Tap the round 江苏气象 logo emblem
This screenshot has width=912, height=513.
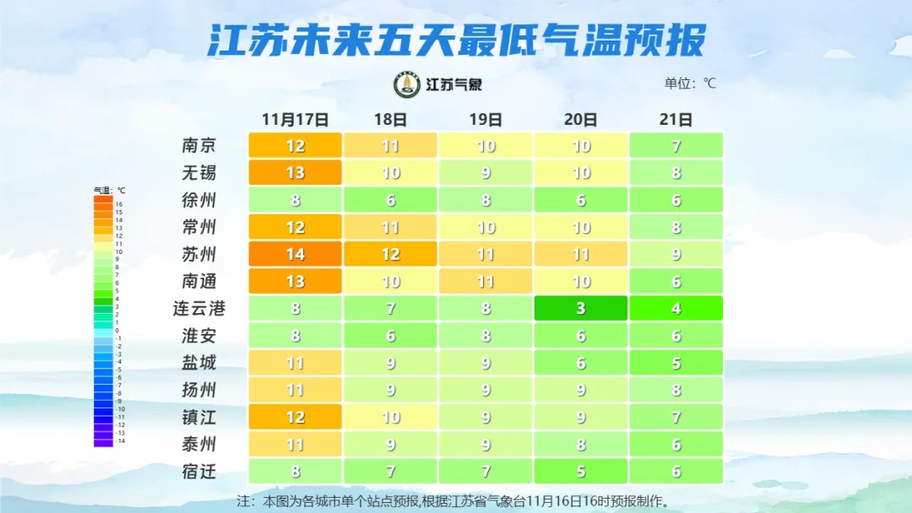(407, 84)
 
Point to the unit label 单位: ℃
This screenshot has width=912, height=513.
(690, 84)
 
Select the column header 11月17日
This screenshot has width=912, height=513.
(295, 119)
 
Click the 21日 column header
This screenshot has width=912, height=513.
(676, 119)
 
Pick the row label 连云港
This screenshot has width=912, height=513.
(199, 309)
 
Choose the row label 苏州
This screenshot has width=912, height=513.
(199, 255)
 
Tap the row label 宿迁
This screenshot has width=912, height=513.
(199, 471)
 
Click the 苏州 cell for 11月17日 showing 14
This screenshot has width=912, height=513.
(295, 255)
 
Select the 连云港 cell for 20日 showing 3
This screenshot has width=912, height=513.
(580, 309)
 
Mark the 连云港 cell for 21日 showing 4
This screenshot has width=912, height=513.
(676, 309)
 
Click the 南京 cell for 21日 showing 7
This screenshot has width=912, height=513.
(676, 146)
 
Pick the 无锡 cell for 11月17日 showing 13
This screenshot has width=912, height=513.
(295, 173)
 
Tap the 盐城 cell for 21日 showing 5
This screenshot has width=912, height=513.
(676, 363)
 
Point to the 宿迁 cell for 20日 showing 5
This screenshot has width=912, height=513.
(580, 471)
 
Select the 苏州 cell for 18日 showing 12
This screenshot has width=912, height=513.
(390, 255)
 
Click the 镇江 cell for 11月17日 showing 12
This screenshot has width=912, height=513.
(295, 417)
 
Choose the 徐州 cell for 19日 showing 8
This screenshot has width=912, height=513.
(486, 201)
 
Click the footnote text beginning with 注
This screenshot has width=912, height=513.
(456, 501)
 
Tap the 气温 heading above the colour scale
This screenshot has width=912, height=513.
(109, 191)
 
